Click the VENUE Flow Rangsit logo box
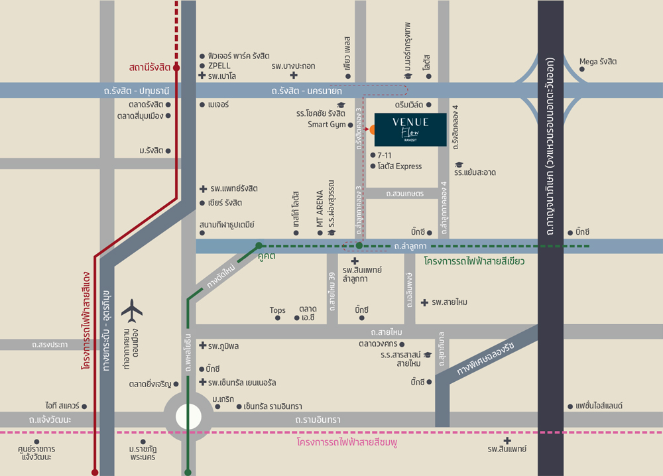[x=410, y=130]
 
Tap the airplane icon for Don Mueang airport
[x=132, y=311]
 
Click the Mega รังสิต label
[x=598, y=62]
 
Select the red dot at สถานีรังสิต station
[x=176, y=68]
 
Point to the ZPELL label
[x=219, y=66]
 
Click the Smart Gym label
[x=326, y=125]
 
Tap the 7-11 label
[x=385, y=156]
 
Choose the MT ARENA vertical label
[x=320, y=208]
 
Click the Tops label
[x=277, y=310]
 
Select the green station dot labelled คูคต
[x=259, y=245]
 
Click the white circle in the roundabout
[x=188, y=417]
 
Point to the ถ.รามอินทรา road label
[x=318, y=420]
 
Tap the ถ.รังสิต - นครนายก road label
[x=307, y=91]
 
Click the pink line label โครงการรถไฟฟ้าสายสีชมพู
[x=347, y=443]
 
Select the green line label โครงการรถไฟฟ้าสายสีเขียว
[x=475, y=261]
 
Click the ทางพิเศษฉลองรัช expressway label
[x=486, y=359]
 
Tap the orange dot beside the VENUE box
[x=373, y=129]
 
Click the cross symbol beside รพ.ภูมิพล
[x=203, y=346]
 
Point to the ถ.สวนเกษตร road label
[x=405, y=194]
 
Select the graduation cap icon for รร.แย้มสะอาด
[x=459, y=164]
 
